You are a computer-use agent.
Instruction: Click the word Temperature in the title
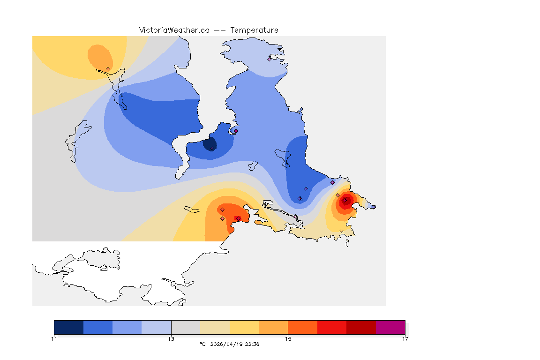pyautogui.click(x=255, y=30)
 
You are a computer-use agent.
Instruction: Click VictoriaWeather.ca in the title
pyautogui.click(x=174, y=30)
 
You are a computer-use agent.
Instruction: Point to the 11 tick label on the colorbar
pyautogui.click(x=54, y=339)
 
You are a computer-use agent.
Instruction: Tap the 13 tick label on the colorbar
pyautogui.click(x=171, y=339)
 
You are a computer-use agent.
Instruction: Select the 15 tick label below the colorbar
pyautogui.click(x=288, y=339)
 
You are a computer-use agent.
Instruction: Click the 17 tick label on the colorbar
pyautogui.click(x=405, y=339)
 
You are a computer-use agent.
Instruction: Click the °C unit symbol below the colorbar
pyautogui.click(x=202, y=344)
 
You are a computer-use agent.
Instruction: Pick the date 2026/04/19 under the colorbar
pyautogui.click(x=226, y=344)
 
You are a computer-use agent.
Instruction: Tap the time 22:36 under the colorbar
pyautogui.click(x=252, y=344)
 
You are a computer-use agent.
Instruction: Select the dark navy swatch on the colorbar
pyautogui.click(x=69, y=327)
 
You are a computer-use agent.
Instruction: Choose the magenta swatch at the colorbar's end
pyautogui.click(x=390, y=327)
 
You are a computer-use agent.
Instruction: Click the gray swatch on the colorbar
pyautogui.click(x=186, y=327)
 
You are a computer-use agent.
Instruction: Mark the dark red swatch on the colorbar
pyautogui.click(x=361, y=327)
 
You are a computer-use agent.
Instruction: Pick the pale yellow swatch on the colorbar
pyautogui.click(x=215, y=327)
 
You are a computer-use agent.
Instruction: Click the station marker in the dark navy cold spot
pyautogui.click(x=212, y=149)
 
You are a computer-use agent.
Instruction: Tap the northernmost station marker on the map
pyautogui.click(x=269, y=59)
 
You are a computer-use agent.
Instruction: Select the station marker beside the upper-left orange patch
pyautogui.click(x=108, y=68)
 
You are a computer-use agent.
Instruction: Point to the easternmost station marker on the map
pyautogui.click(x=374, y=207)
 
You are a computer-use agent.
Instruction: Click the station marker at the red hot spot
pyautogui.click(x=345, y=201)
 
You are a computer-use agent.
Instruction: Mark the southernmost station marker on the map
pyautogui.click(x=341, y=231)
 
